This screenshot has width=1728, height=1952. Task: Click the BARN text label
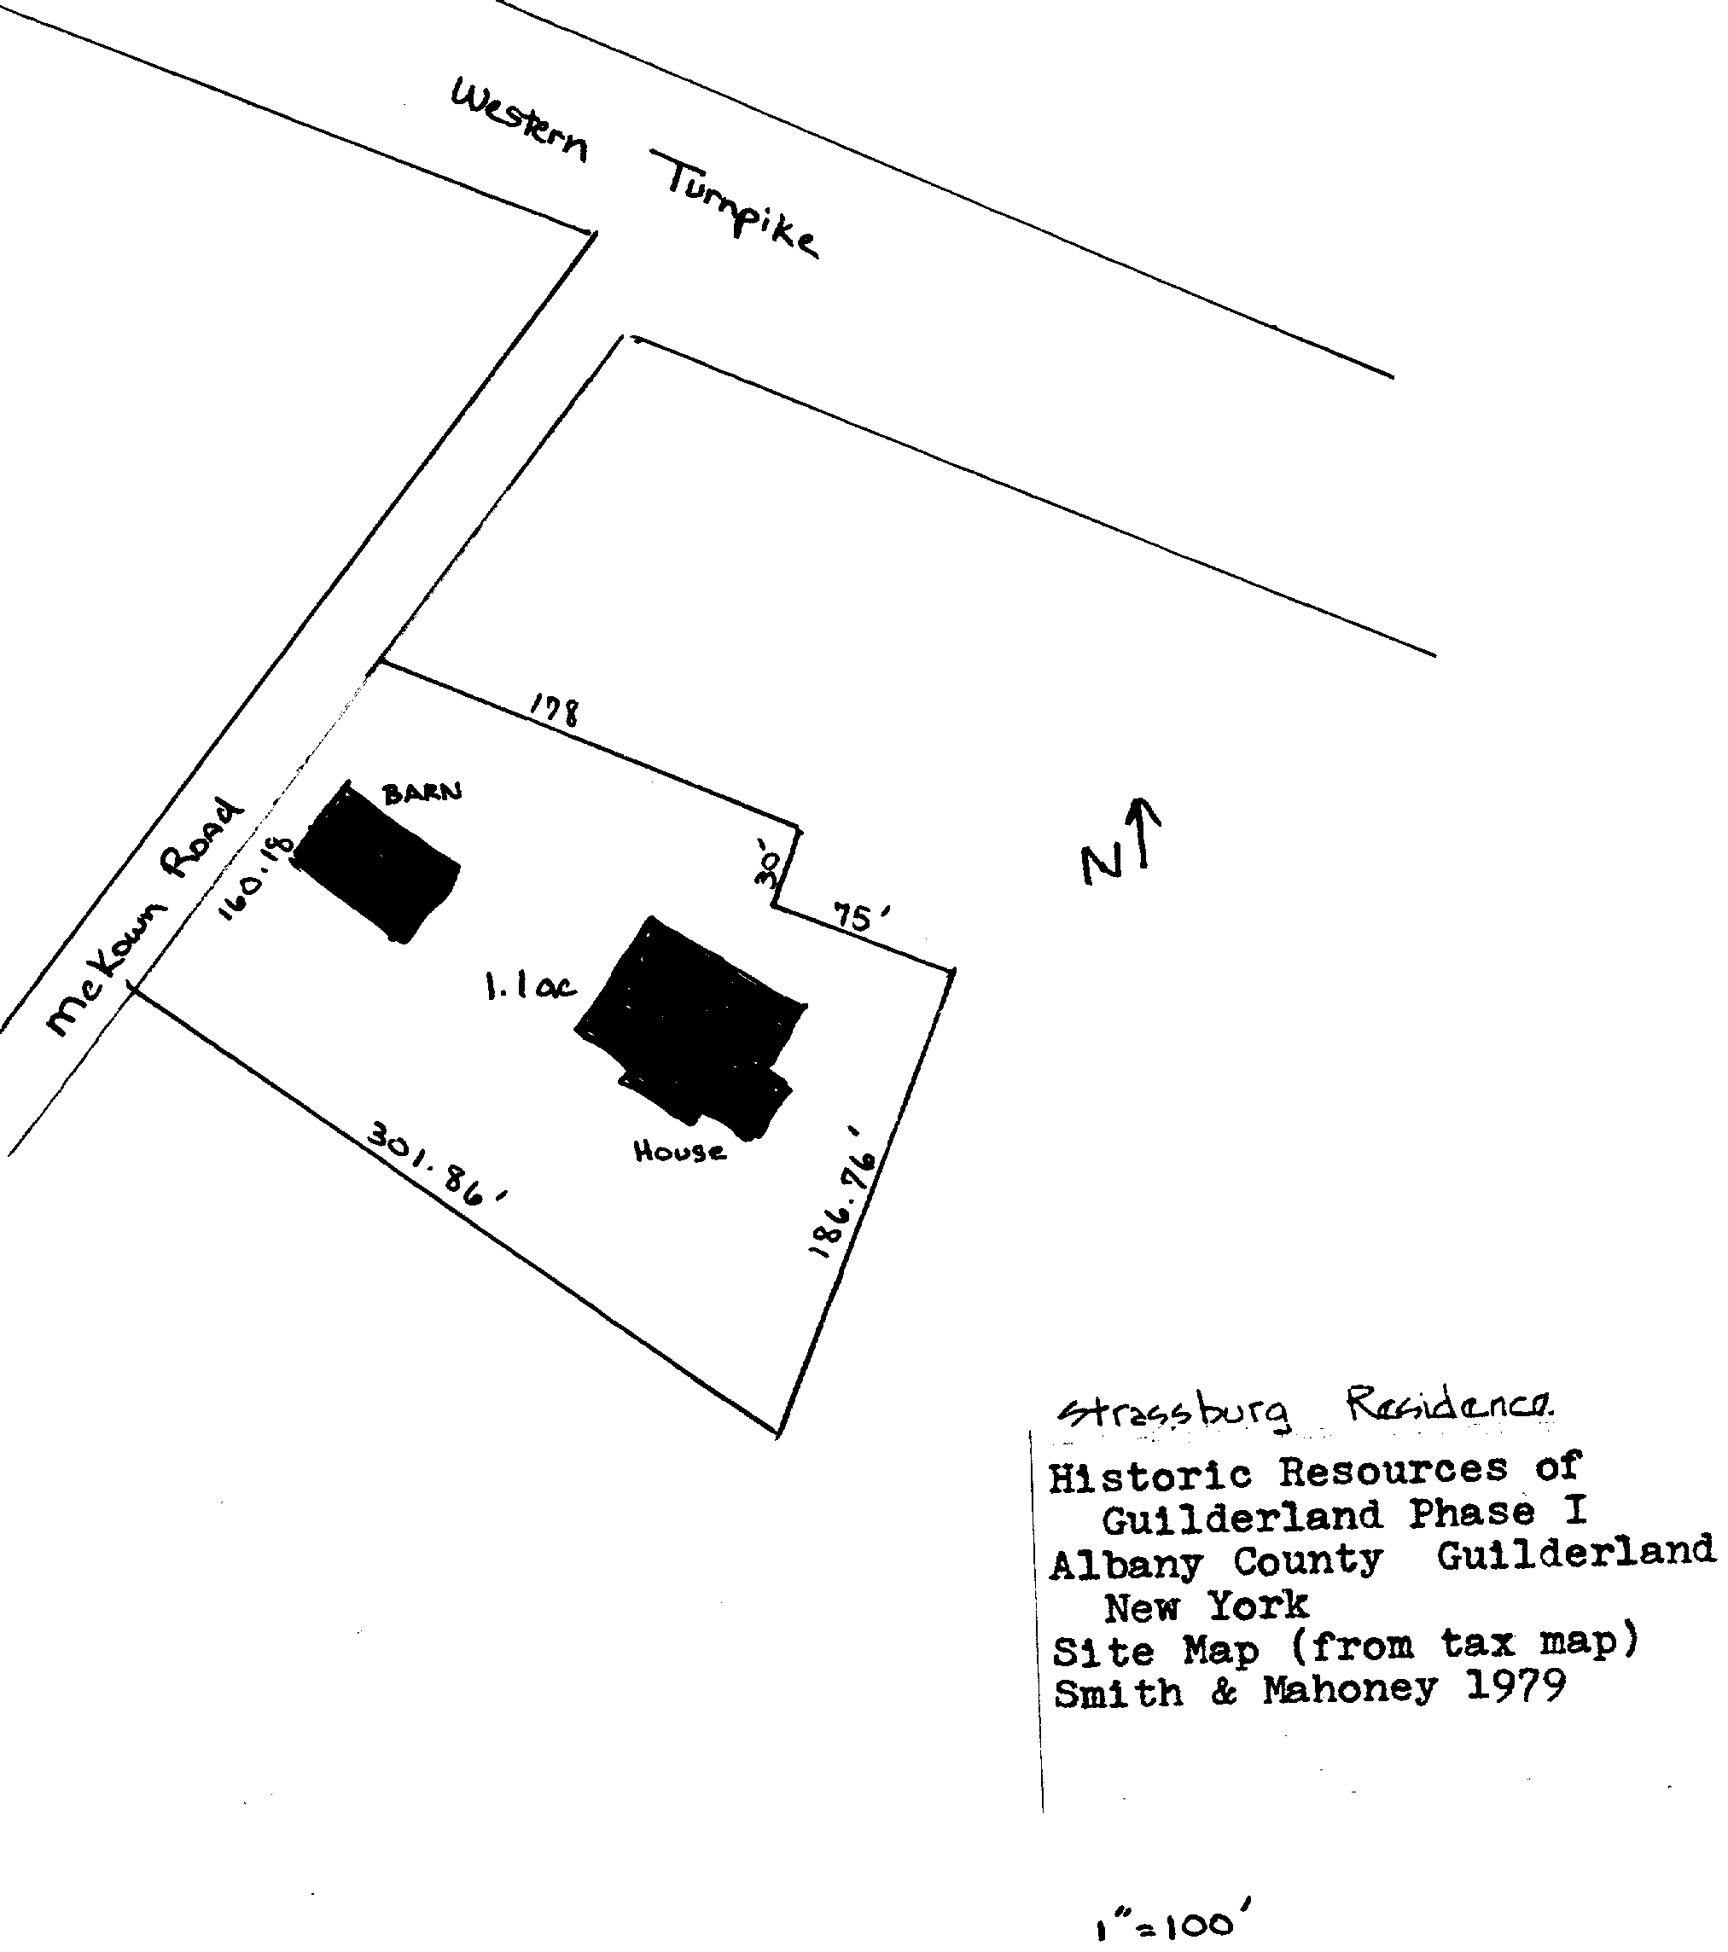point(422,792)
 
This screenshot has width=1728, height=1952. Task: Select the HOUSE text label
point(679,1153)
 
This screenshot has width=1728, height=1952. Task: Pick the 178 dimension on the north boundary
point(554,711)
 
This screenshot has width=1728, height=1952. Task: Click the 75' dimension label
point(863,917)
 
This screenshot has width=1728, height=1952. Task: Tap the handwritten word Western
point(519,122)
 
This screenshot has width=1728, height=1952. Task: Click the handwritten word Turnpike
point(741,206)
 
